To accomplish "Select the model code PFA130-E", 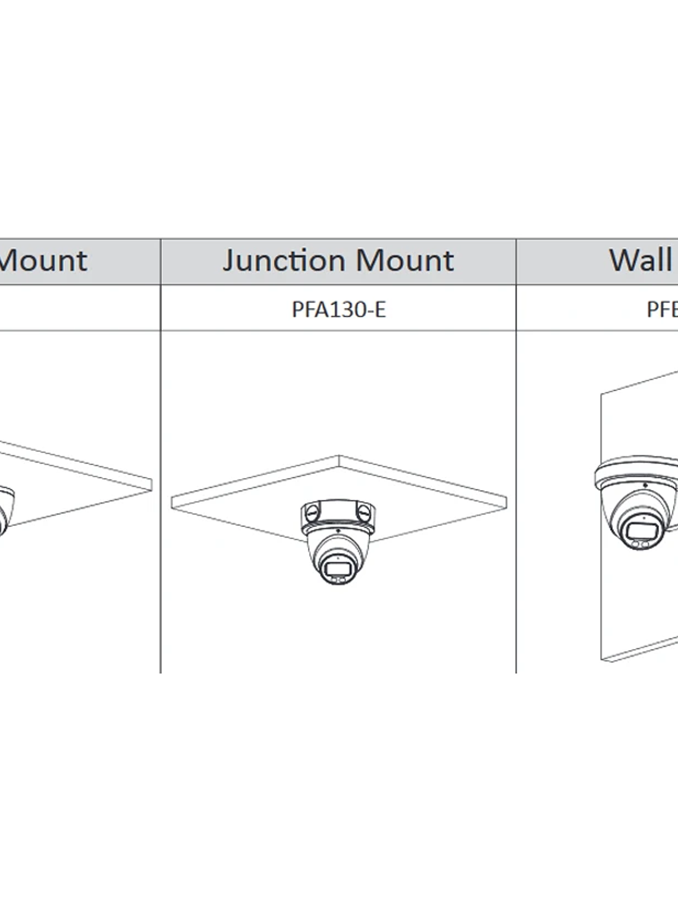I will point(338,310).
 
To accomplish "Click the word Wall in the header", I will point(639,260).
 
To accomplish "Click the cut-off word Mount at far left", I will point(43,261).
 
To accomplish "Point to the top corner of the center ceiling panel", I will point(339,457).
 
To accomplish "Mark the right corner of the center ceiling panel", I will point(506,500).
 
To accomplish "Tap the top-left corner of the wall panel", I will point(601,393).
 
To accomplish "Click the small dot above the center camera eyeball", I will point(338,530).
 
